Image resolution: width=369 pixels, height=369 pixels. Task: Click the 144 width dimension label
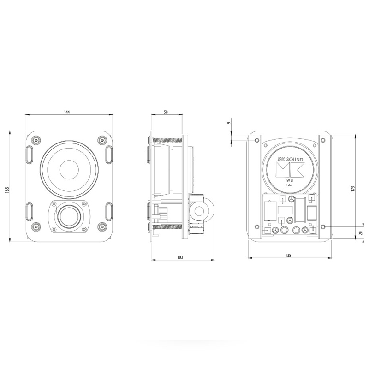[67, 112]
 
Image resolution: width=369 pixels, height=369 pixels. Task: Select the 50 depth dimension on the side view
[166, 112]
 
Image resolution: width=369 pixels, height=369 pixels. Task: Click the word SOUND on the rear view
[294, 160]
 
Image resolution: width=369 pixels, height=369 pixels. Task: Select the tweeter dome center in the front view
[69, 215]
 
